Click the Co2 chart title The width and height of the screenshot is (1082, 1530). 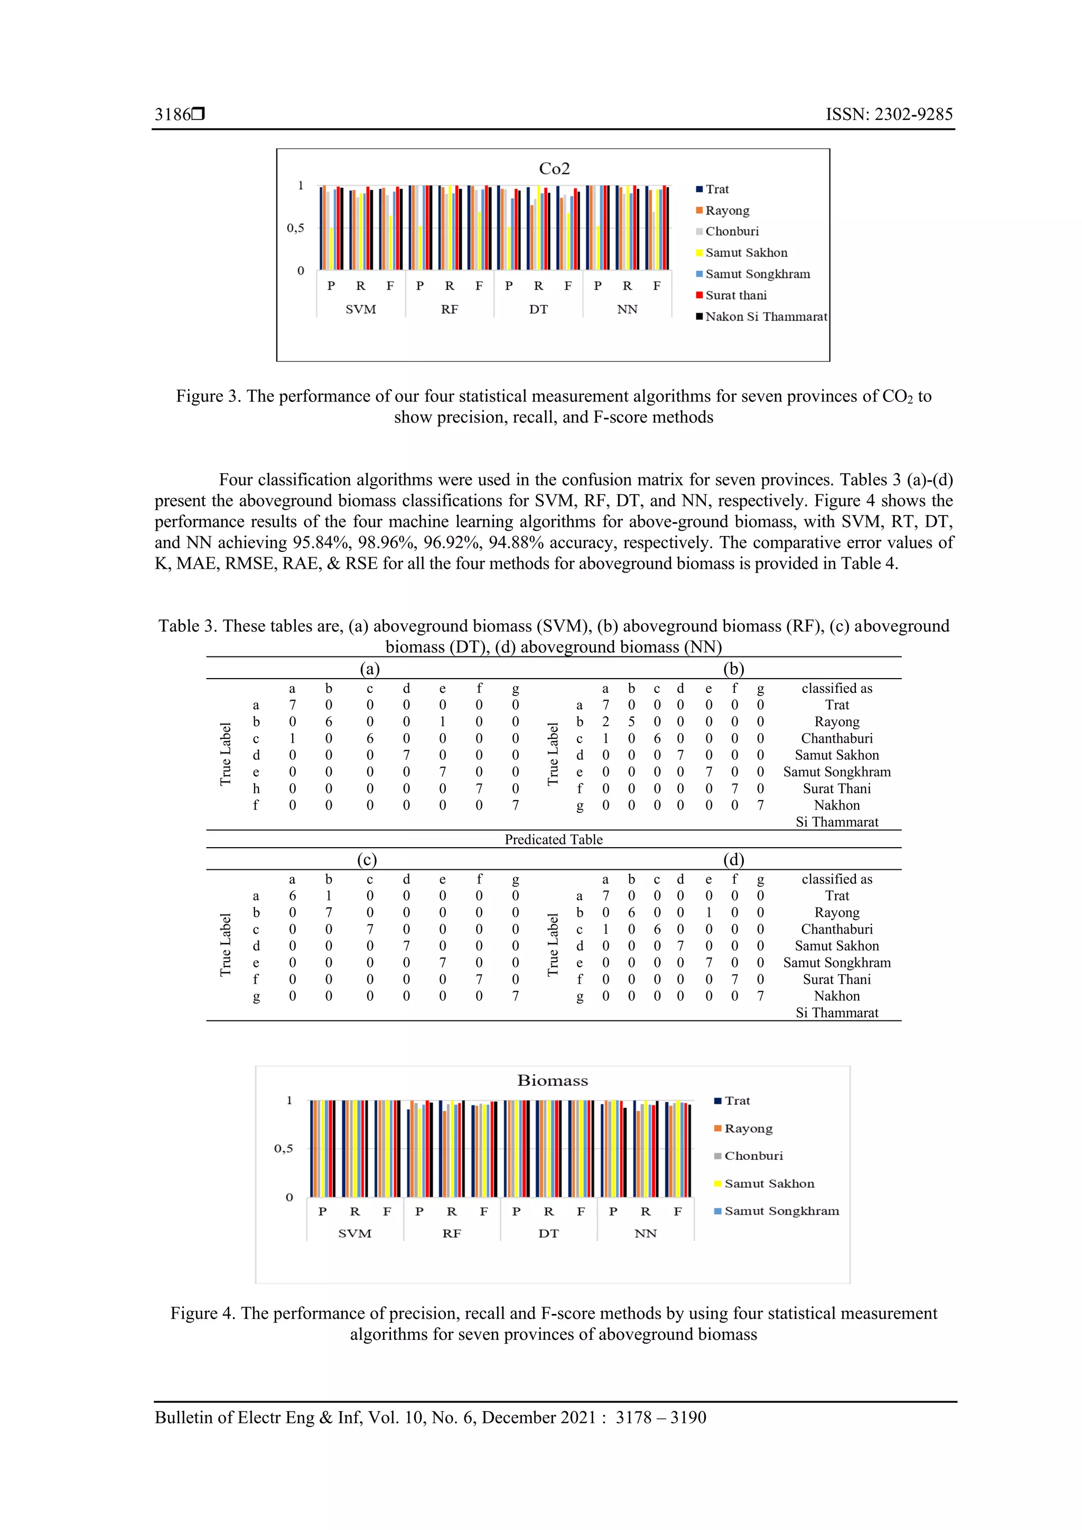[x=554, y=168]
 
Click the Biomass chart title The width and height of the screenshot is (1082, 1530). [x=552, y=1080]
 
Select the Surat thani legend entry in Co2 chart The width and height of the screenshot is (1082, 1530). [x=735, y=295]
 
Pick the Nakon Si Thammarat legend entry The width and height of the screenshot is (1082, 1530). [x=766, y=316]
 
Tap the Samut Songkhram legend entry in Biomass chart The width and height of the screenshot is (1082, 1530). [x=781, y=1211]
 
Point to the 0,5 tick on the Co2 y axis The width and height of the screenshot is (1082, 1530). [x=295, y=228]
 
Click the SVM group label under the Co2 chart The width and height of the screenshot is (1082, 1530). [x=361, y=309]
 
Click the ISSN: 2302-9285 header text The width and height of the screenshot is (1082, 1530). [x=889, y=115]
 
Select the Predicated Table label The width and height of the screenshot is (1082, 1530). [x=553, y=840]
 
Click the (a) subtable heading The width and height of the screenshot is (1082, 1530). [x=369, y=669]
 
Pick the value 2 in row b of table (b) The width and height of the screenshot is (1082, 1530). [x=605, y=721]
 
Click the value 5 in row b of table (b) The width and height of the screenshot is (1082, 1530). [x=631, y=721]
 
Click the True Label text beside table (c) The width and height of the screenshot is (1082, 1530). [x=226, y=944]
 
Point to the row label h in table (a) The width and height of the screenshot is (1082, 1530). [x=256, y=789]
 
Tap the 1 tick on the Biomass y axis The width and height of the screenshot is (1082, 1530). [x=290, y=1100]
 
